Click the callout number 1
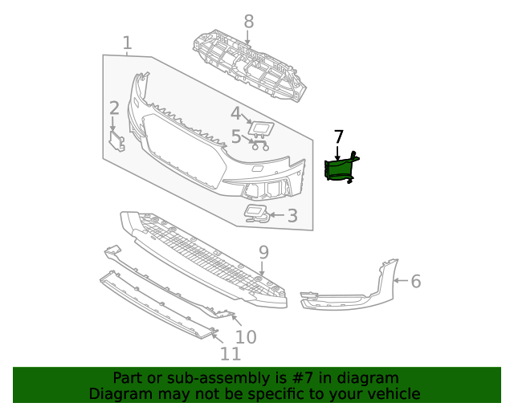[127, 43]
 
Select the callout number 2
[114, 108]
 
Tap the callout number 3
[292, 215]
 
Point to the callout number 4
[235, 113]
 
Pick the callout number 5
[235, 136]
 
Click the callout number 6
[415, 281]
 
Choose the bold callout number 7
[338, 136]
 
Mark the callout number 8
[248, 22]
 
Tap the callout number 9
[263, 253]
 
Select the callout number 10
[245, 336]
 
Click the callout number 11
[230, 354]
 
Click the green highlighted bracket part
[340, 169]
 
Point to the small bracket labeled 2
[119, 141]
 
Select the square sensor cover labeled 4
[261, 128]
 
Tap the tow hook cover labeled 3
[256, 212]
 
